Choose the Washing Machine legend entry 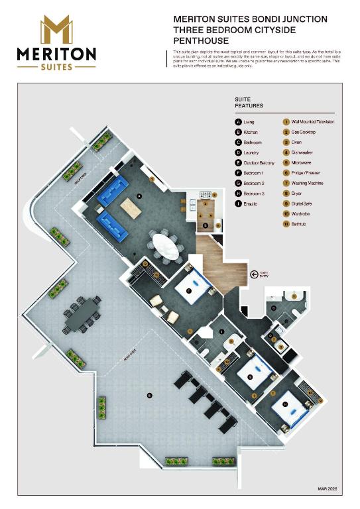(308, 182)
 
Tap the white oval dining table (165, 245)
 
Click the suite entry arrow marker (253, 273)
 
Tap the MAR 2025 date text (327, 488)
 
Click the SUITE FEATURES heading (249, 103)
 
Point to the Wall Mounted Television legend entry (312, 123)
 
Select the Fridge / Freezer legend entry (306, 172)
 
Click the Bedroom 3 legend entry (255, 193)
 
